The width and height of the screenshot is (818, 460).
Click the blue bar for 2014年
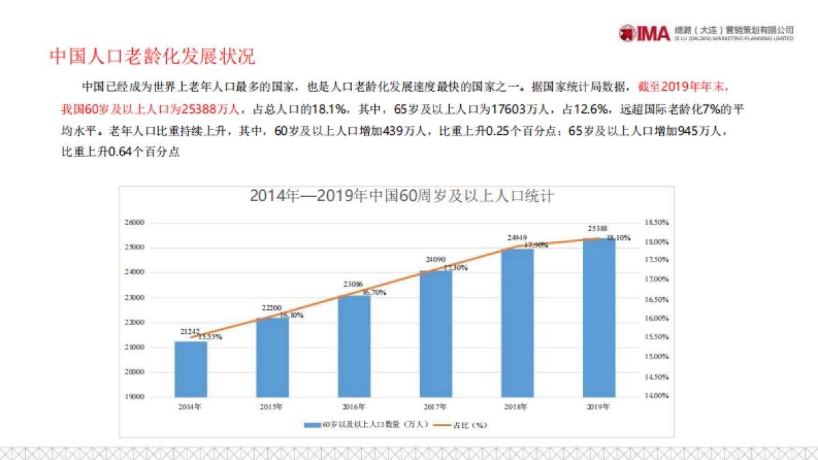pos(191,369)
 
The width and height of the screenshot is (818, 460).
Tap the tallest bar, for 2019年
pos(599,318)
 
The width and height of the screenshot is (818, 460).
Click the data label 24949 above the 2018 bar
pos(517,238)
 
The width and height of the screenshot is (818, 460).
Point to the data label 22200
pos(272,308)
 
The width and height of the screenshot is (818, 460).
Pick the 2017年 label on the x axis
pos(435,407)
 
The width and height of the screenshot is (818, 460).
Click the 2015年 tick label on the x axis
pos(271,407)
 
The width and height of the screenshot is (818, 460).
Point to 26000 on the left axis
pos(136,223)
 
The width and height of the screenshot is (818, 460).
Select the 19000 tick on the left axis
pos(136,397)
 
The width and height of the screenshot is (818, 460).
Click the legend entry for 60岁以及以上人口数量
pos(368,425)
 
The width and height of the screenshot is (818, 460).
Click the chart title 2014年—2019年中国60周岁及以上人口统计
pos(401,196)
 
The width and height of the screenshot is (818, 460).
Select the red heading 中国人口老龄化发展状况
pos(153,57)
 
